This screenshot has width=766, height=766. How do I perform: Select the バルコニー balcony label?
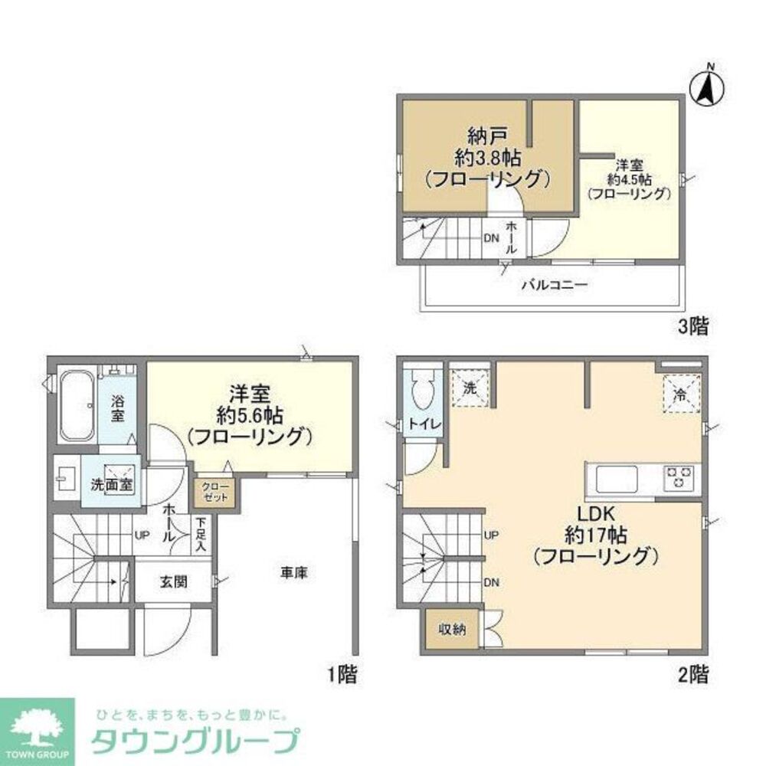pos(555,285)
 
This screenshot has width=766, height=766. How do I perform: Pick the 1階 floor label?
pos(342,675)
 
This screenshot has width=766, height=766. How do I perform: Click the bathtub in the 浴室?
pos(77,406)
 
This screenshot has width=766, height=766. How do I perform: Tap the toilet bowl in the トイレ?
pos(422,390)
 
